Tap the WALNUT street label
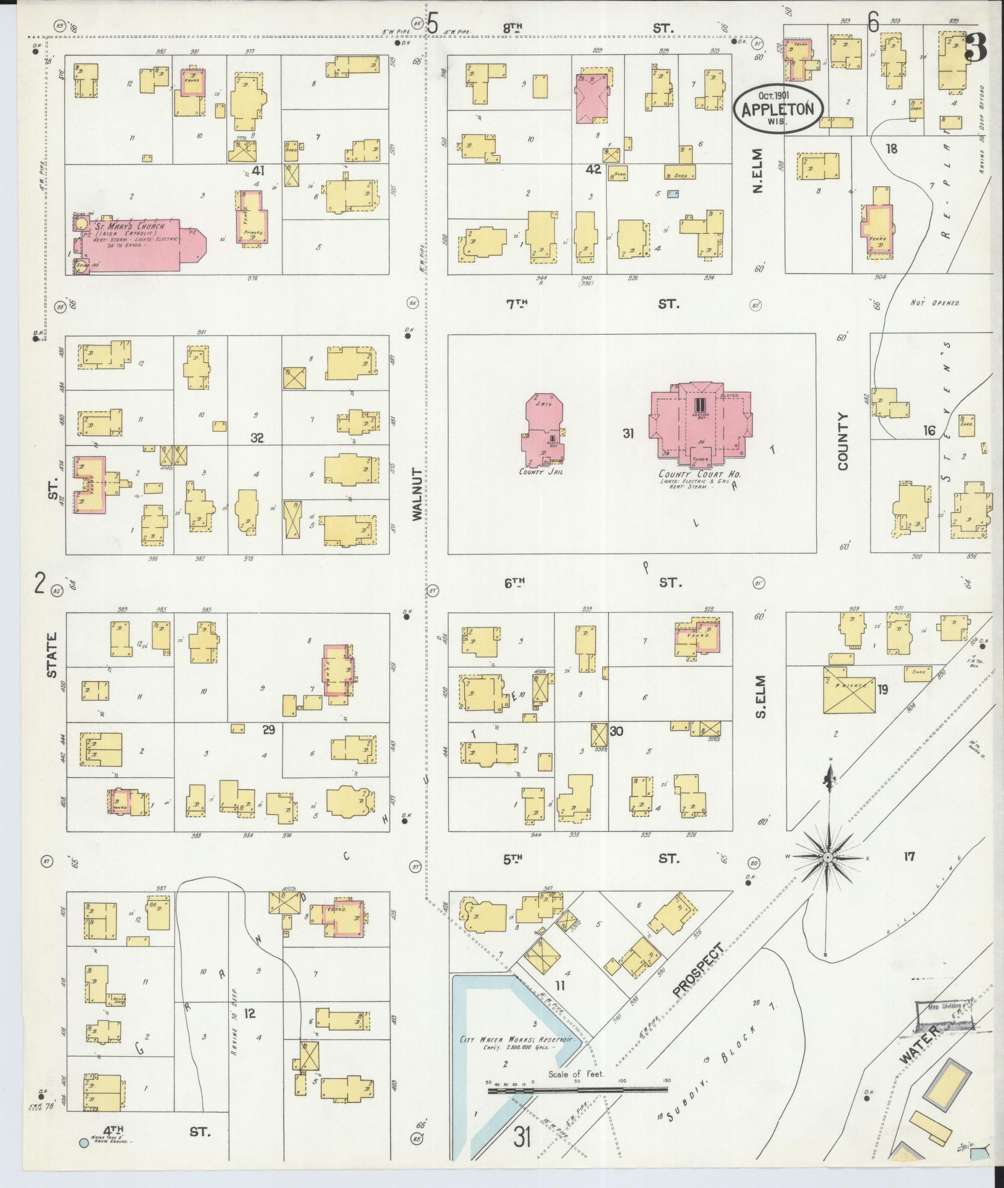[419, 494]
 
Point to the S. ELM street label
[759, 697]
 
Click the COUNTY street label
[843, 442]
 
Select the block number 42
[593, 169]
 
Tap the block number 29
[268, 730]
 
